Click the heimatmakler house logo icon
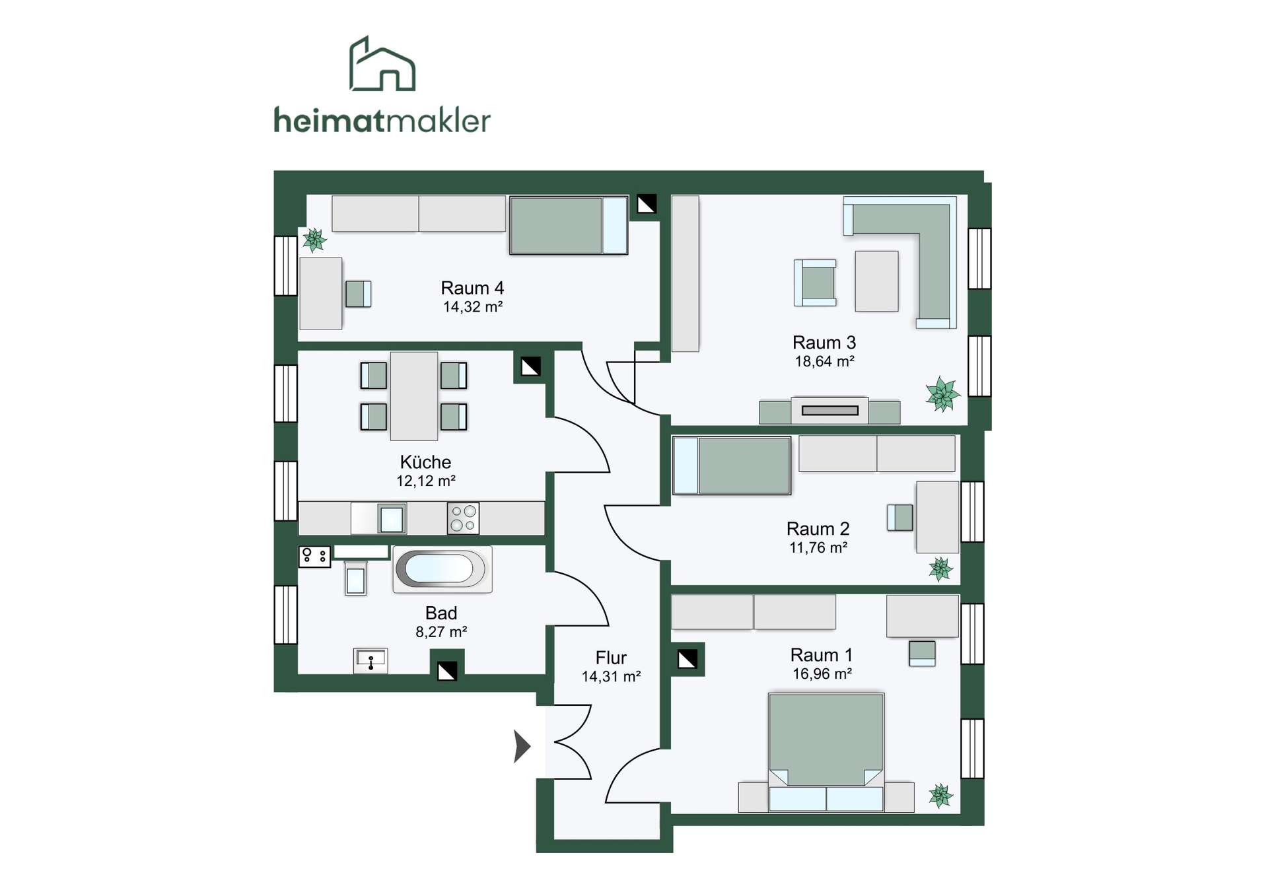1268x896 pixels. pos(382,63)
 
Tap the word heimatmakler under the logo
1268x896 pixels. pos(382,120)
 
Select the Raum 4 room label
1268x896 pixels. pos(472,288)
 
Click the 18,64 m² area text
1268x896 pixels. pos(824,361)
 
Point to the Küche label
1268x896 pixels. pos(425,462)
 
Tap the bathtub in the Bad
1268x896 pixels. pos(442,569)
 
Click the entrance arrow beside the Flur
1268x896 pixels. pos(522,746)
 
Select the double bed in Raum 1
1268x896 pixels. pos(826,752)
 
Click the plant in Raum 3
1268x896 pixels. pos(942,394)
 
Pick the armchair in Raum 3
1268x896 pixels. pos(816,283)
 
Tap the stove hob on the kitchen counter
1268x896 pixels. pos(463,518)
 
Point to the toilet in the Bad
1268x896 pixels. pos(356,578)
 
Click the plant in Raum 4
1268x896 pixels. pos(315,240)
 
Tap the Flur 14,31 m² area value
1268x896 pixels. pos(611,676)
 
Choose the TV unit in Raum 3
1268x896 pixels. pos(829,410)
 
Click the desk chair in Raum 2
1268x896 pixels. pos(900,518)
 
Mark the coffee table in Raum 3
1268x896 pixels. pos(876,281)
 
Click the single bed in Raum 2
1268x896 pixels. pos(732,465)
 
